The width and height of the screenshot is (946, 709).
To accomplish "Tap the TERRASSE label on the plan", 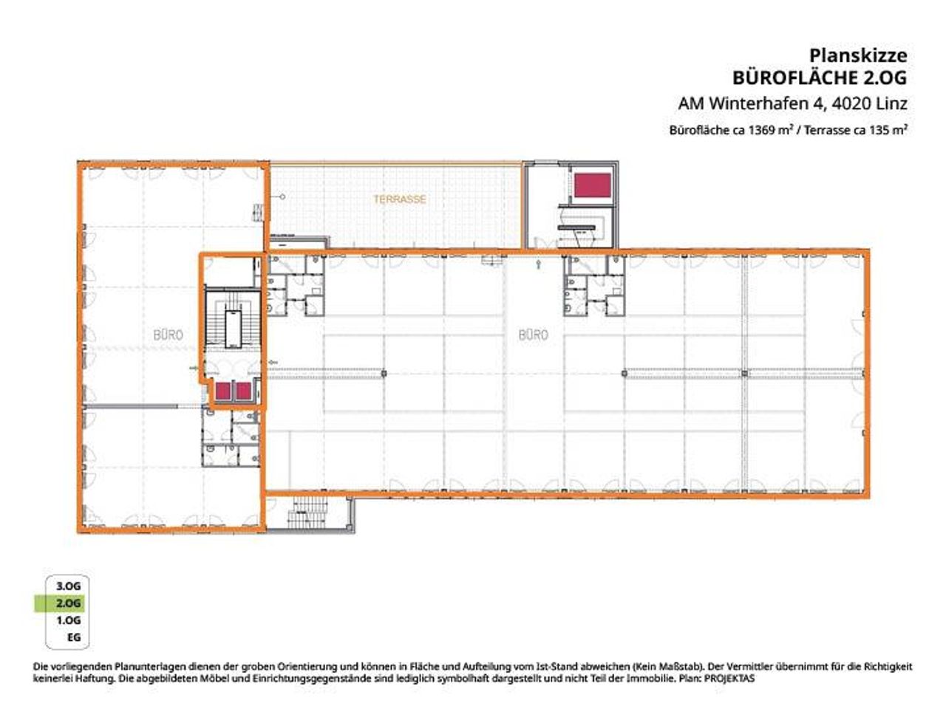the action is [x=400, y=199].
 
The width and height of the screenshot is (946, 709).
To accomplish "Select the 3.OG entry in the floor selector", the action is [x=68, y=586].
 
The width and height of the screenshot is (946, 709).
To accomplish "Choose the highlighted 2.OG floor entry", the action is [x=68, y=603].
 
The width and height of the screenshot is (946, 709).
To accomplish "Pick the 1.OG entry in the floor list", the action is [x=68, y=620].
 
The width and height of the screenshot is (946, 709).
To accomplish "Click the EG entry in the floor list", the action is [x=74, y=637].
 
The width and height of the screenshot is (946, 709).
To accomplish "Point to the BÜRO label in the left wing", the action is [x=168, y=335].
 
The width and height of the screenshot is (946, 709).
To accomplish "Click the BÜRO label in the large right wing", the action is [x=533, y=335].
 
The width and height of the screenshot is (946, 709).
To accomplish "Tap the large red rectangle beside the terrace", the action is [x=593, y=185].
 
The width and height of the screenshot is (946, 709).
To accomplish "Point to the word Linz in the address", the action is [x=891, y=103].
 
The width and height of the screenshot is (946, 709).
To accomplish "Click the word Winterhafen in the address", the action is [x=767, y=103].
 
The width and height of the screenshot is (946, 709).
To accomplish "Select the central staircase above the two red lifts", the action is [x=233, y=319].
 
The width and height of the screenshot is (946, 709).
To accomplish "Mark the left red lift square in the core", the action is [x=222, y=391].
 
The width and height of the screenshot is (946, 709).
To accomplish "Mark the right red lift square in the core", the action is [x=243, y=391].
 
